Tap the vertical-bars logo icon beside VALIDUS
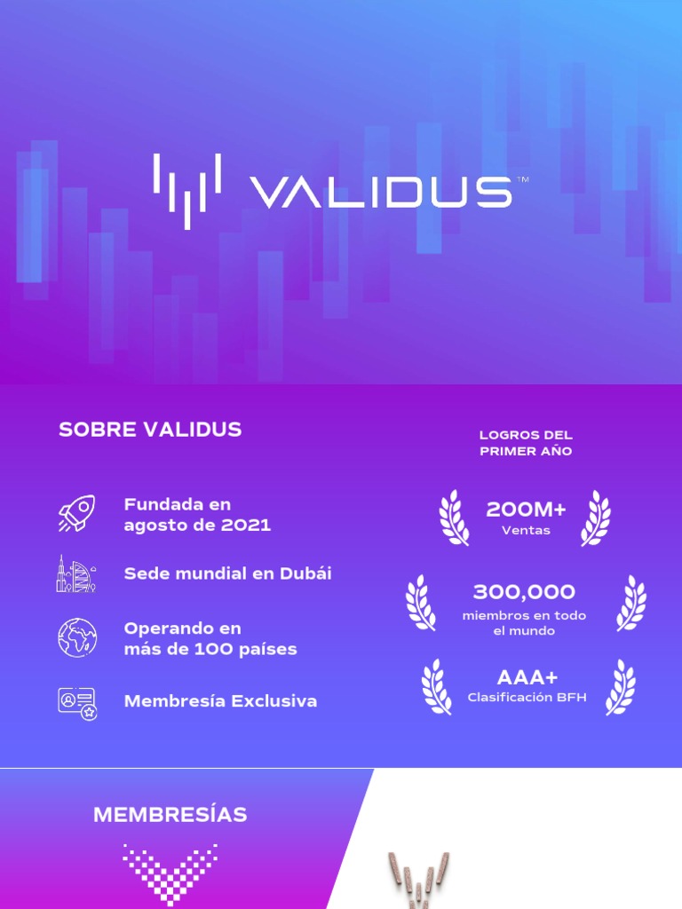click(186, 191)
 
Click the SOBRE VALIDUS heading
click(150, 430)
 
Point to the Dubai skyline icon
click(76, 573)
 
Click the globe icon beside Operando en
click(76, 637)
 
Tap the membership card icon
click(77, 701)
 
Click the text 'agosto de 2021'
click(197, 525)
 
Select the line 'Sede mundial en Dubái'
click(227, 573)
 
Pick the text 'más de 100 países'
click(210, 649)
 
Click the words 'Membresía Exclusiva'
click(220, 701)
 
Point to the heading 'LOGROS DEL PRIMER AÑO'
click(526, 443)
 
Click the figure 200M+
click(526, 510)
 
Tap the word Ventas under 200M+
click(526, 531)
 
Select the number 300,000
click(524, 592)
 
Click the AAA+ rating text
click(527, 678)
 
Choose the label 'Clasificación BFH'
click(527, 698)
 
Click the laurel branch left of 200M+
click(454, 518)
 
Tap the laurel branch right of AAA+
click(621, 687)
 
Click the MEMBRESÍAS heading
click(170, 815)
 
